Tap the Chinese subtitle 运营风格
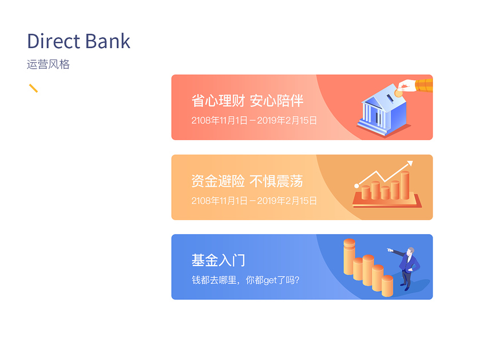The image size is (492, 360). coord(48,64)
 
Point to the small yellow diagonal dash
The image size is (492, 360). coord(33,88)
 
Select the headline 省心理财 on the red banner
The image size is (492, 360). coord(218,101)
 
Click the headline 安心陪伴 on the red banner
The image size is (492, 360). coord(276,101)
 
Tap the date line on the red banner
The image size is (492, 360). coord(254,120)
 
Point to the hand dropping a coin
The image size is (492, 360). coord(415,86)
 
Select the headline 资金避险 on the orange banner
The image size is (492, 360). coord(218,181)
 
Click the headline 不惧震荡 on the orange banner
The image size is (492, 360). coord(276,181)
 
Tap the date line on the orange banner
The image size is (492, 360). coord(254,200)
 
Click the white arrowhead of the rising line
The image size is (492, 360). coord(410,164)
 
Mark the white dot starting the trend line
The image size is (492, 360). coord(356,186)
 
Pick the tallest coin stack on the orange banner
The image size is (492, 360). coord(405,185)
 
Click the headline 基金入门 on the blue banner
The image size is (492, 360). coord(218,260)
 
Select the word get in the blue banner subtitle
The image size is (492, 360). coord(270,280)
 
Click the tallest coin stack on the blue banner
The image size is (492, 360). coord(349,257)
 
